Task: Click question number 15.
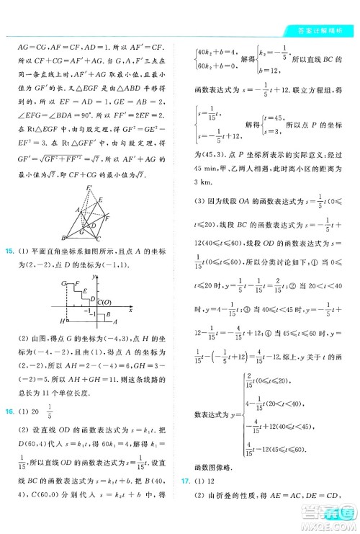click(x=9, y=251)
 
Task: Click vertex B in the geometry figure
click(x=64, y=238)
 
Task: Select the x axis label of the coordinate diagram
click(x=130, y=310)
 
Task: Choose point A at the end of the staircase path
click(x=115, y=321)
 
